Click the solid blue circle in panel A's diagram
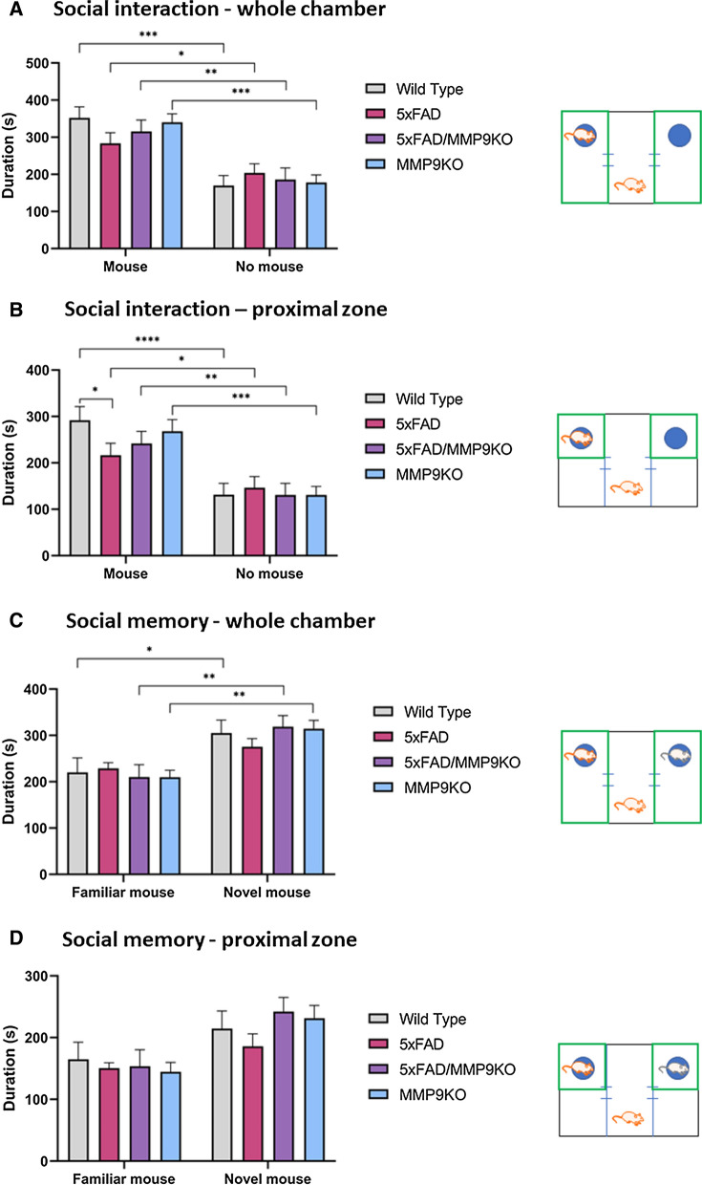[x=679, y=136]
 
